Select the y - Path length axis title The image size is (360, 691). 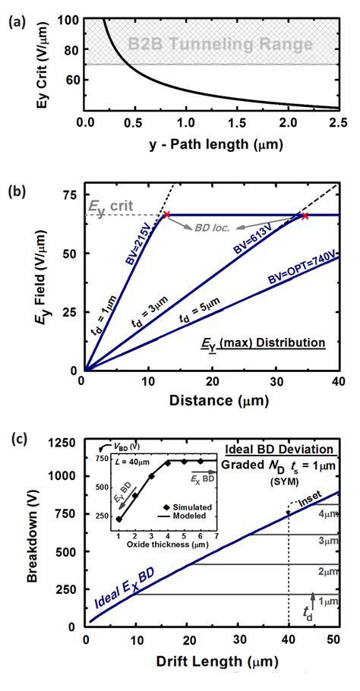point(212,146)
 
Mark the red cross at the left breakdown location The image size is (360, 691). point(166,215)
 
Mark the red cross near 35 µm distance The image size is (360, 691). point(305,216)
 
